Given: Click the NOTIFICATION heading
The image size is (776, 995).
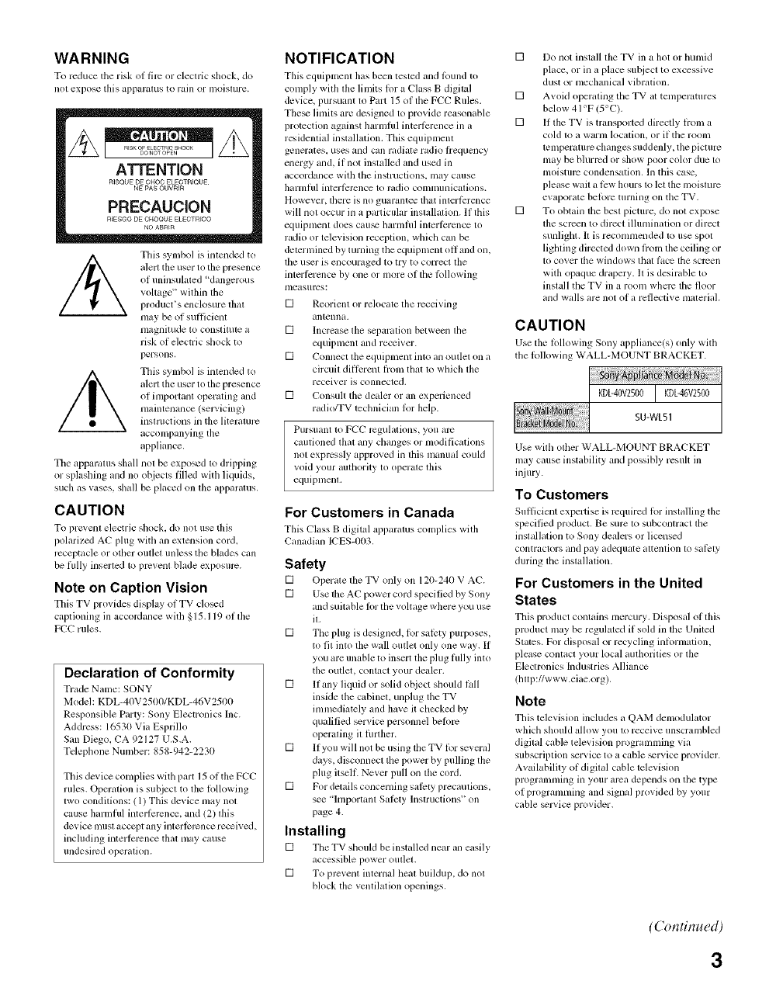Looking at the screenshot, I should click(340, 58).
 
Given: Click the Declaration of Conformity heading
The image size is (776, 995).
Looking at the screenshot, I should click(149, 672).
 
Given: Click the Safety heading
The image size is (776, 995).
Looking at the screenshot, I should click(305, 563).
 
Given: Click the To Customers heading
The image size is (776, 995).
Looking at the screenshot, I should click(562, 494).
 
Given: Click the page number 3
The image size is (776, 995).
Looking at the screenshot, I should click(715, 959).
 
